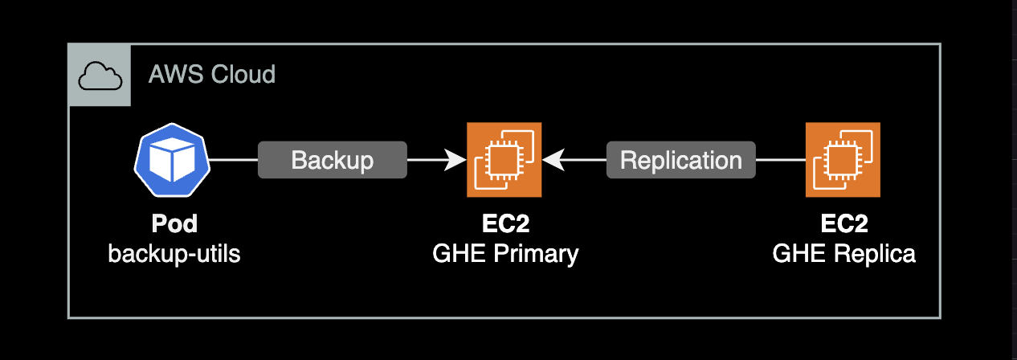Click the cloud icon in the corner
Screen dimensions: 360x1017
[x=100, y=76]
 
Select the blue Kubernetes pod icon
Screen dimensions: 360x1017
[x=173, y=160]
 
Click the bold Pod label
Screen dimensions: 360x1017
[x=174, y=224]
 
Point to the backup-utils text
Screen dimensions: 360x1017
[x=174, y=254]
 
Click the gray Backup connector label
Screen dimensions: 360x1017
[x=332, y=160]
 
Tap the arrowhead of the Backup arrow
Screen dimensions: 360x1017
[x=459, y=160]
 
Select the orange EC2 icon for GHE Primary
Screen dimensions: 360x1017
[x=504, y=160]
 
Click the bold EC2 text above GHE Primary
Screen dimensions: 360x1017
[x=504, y=224]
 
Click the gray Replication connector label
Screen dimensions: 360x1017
[x=680, y=160]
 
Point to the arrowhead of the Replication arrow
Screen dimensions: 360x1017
[x=551, y=160]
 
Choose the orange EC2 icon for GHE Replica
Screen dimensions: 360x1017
[x=843, y=160]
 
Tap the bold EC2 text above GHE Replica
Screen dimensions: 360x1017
[x=843, y=224]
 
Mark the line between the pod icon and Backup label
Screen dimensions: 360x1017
[x=234, y=160]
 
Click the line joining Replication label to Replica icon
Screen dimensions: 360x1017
[x=780, y=160]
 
